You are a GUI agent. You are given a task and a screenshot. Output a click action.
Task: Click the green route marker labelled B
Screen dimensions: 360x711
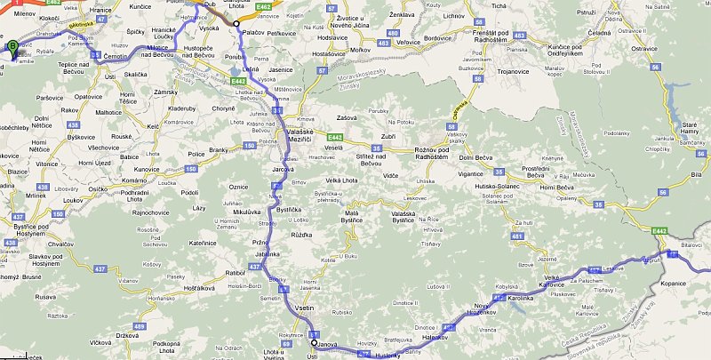[12, 48]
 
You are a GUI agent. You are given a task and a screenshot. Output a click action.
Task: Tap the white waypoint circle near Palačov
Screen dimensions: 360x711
[236, 24]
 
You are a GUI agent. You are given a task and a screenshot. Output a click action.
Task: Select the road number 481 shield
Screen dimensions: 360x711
[517, 236]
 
